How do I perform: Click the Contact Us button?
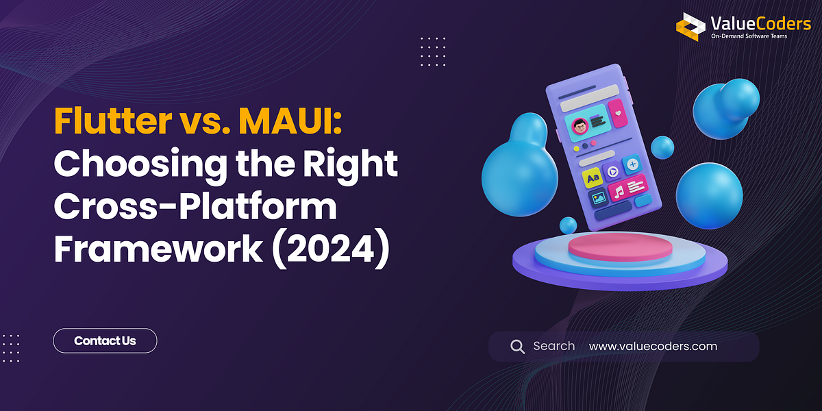[105, 340]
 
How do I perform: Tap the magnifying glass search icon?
[517, 346]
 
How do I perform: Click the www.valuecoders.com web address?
[653, 346]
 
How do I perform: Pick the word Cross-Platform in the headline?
[195, 206]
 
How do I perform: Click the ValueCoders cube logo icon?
[690, 26]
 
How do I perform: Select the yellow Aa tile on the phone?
[593, 178]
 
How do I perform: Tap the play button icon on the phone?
[612, 171]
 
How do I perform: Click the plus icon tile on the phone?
[632, 164]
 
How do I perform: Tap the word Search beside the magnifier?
[553, 346]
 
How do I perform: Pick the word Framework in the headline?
[158, 248]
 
